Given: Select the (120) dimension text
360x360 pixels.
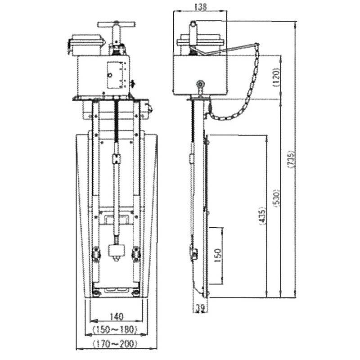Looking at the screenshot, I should click(x=276, y=77).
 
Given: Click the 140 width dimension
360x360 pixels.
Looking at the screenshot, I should click(x=116, y=316).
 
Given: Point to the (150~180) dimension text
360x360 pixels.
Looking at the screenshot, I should click(x=116, y=330).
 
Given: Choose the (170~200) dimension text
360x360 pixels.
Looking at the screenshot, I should click(x=115, y=344).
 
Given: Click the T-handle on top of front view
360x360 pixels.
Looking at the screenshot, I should click(x=117, y=25).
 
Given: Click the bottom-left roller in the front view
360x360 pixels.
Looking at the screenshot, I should click(x=96, y=254).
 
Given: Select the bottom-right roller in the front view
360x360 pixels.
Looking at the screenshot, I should click(x=136, y=254).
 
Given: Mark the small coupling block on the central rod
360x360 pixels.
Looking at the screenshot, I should click(x=117, y=159).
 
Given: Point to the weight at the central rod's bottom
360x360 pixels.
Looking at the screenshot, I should click(x=116, y=251).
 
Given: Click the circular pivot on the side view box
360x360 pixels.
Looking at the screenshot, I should click(x=199, y=84).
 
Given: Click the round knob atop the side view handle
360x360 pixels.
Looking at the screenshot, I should click(x=193, y=23).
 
